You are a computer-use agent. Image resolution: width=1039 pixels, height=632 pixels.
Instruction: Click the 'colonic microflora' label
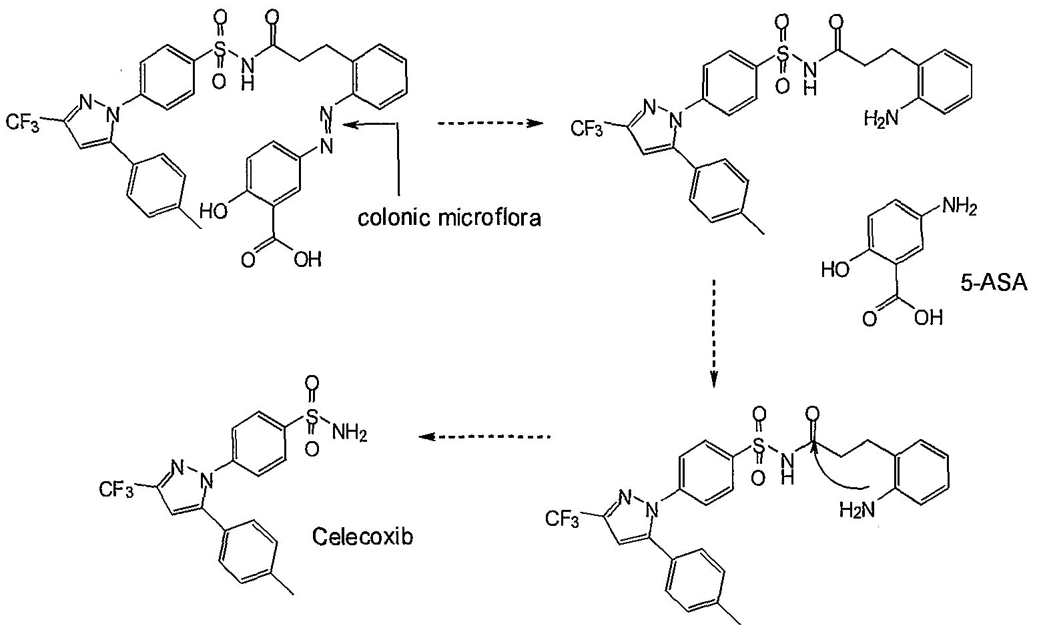point(449,217)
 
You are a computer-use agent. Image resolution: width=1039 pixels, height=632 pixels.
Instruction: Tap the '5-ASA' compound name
point(994,282)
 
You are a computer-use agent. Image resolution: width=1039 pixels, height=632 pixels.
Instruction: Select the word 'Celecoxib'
point(362,537)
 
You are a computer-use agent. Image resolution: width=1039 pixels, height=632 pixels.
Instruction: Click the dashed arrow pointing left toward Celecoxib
point(484,436)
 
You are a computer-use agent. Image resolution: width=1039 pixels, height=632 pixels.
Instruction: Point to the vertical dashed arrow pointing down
point(714,333)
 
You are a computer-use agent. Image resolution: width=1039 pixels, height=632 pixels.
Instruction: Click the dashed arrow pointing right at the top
point(490,123)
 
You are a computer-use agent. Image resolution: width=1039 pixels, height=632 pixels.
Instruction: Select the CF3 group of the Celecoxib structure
point(116,490)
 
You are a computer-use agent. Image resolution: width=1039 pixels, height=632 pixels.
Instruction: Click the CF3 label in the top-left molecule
point(22,123)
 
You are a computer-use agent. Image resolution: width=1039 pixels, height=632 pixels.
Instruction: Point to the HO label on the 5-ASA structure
point(835,269)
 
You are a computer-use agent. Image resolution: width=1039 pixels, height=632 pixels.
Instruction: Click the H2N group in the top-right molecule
point(882,118)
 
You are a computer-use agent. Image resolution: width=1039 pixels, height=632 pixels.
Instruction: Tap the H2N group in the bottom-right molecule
point(857,511)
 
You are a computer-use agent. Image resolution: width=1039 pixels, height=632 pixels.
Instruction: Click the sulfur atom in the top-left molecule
point(220,48)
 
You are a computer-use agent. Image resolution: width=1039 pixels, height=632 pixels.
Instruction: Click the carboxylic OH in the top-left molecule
point(308,259)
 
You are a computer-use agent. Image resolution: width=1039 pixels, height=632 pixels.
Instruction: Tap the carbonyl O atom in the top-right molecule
point(837,21)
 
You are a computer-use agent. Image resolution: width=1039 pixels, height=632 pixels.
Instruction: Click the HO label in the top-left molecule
point(214,211)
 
